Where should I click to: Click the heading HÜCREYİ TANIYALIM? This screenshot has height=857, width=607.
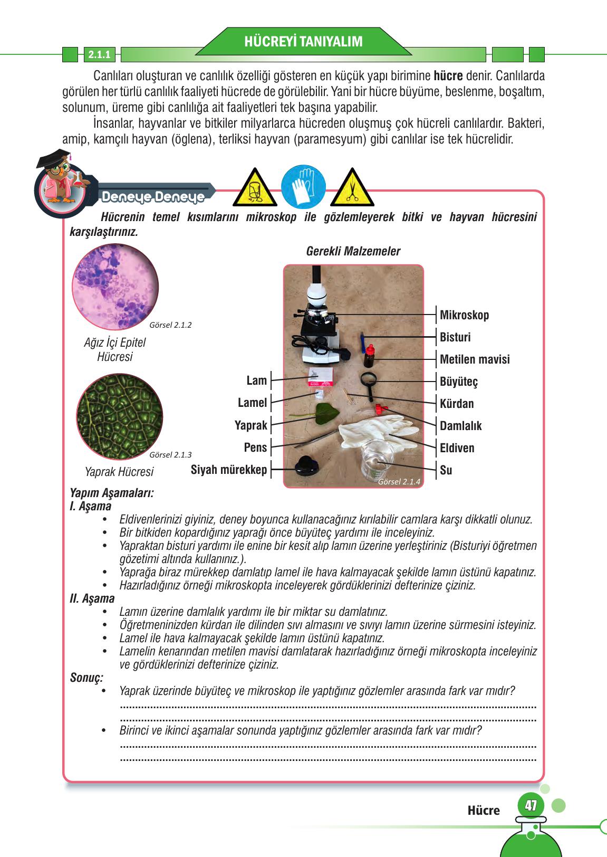pos(303,42)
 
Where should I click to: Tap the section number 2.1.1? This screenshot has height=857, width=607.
pos(99,54)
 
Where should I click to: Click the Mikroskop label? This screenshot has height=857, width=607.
pos(464,316)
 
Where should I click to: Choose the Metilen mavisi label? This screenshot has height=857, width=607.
pos(475,360)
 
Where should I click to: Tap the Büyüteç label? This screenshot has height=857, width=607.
pos(458,382)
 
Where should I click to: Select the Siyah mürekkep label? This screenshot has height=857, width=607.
pos(229,470)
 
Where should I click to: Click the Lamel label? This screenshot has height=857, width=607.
pos(252,403)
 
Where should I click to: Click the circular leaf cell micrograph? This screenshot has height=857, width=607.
pos(120,417)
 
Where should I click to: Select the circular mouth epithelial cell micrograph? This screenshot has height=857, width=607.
pos(115,287)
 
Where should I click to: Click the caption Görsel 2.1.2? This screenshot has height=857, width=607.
pos(170,325)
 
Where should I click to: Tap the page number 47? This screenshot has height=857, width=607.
pos(531,806)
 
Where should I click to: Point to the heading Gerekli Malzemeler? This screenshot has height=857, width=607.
pos(353,252)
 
